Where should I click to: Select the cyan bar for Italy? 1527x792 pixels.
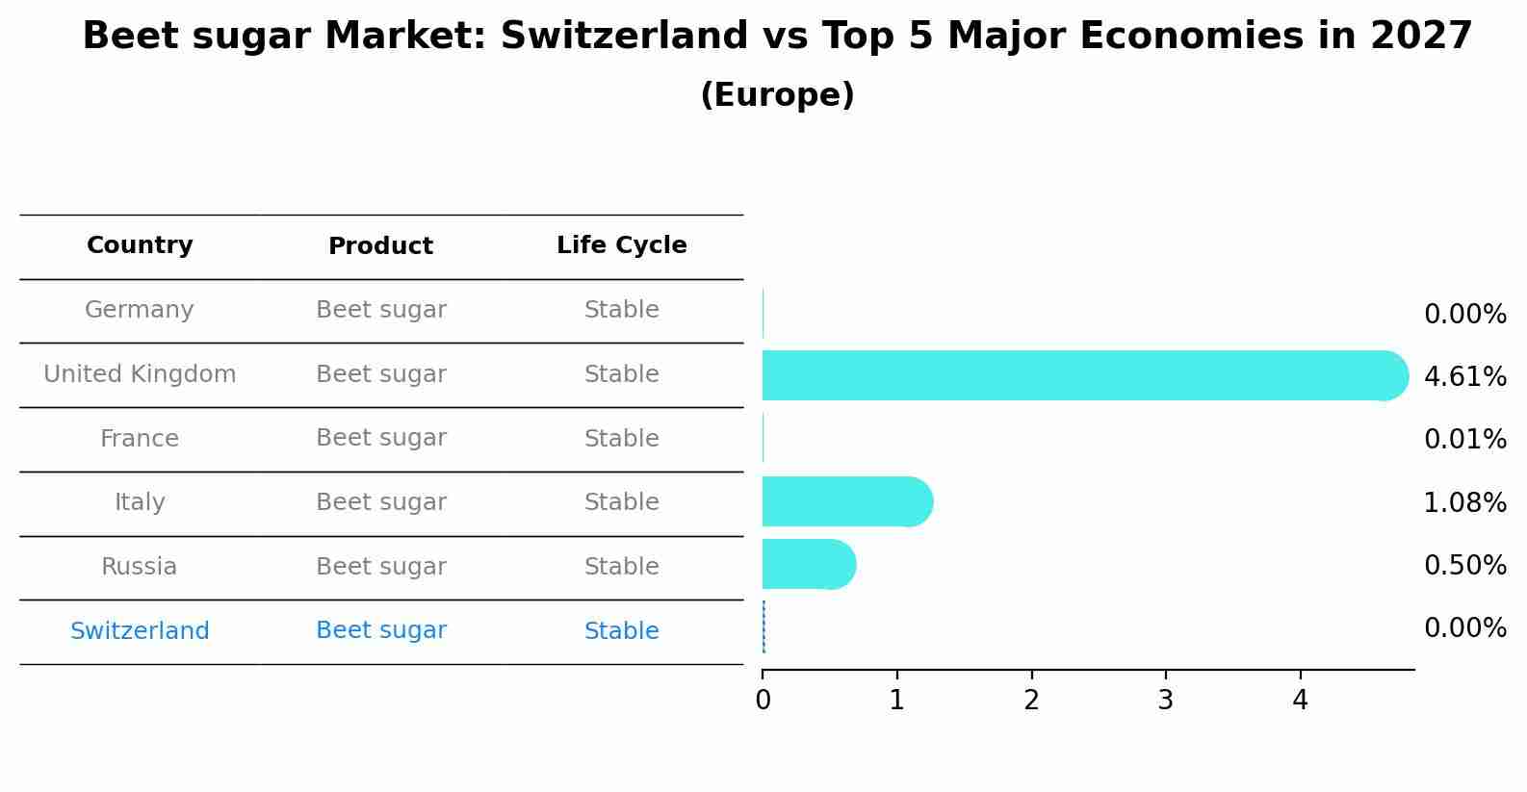coord(847,501)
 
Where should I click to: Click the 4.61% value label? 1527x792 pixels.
coord(1464,376)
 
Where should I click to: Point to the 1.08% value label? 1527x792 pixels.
coord(1464,502)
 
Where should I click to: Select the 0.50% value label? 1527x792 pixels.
coord(1464,565)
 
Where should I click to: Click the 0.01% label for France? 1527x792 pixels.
coord(1464,439)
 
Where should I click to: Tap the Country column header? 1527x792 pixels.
coord(140,245)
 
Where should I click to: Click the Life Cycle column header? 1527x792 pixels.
coord(621,245)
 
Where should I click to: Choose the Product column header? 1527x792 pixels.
coord(380,246)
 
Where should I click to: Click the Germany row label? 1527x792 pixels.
coord(140,310)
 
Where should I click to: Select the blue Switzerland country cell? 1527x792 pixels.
coord(140,631)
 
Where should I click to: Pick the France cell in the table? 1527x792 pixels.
coord(140,439)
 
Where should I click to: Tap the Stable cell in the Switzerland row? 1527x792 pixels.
coord(621,631)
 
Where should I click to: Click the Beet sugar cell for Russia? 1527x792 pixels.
coord(380,567)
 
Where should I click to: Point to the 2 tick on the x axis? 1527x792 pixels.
coord(1031,700)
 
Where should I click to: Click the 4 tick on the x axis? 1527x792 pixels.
coord(1300,700)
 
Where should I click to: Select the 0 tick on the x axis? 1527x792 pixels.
coord(763,700)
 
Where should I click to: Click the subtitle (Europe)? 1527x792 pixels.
coord(777,95)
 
